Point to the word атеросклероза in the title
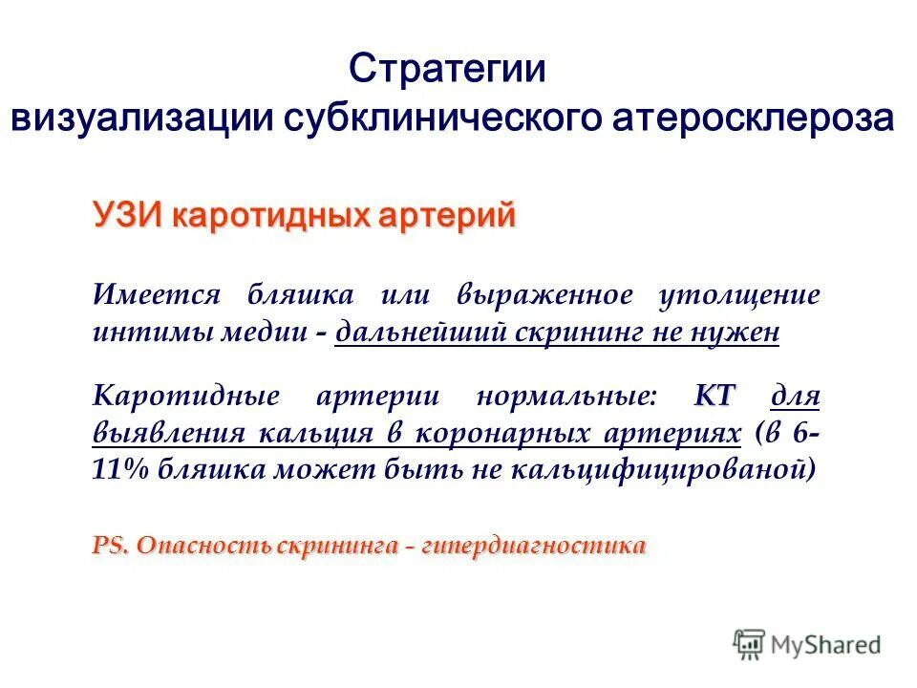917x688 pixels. (754, 118)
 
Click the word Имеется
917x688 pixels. (157, 294)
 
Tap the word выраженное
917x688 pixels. (544, 294)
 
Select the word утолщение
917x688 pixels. (738, 294)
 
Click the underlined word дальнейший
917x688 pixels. (417, 332)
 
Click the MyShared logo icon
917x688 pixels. (750, 645)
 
